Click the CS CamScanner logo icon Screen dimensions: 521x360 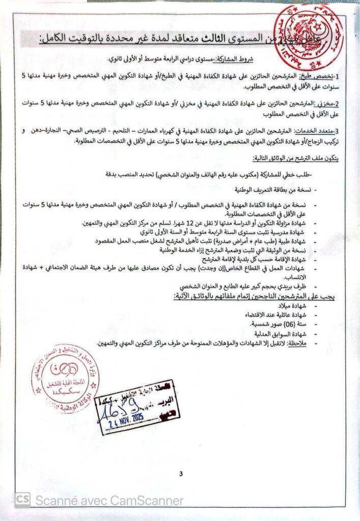coord(22,501)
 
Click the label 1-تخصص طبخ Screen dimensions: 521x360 coord(315,76)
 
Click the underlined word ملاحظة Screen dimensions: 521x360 coord(295,343)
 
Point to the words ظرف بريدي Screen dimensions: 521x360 coord(292,287)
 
